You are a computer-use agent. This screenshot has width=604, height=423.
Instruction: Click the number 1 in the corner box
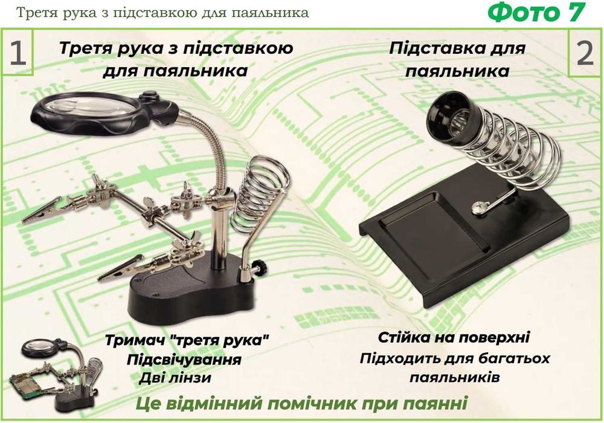[x=17, y=54]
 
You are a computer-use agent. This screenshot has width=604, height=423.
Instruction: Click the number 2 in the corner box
[x=585, y=54]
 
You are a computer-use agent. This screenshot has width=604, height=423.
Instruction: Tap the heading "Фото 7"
[x=536, y=13]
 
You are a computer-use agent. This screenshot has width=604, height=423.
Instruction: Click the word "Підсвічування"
[x=184, y=360]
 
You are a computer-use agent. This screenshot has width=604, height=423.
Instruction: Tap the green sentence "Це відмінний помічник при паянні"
[x=301, y=404]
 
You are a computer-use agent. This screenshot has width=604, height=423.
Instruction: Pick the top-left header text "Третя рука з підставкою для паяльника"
[x=162, y=12]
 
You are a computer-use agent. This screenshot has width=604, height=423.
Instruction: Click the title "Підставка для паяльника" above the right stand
[x=457, y=59]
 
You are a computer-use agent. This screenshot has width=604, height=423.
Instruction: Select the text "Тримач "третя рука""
[x=186, y=340]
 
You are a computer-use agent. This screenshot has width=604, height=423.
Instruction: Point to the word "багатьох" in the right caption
[x=513, y=358]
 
